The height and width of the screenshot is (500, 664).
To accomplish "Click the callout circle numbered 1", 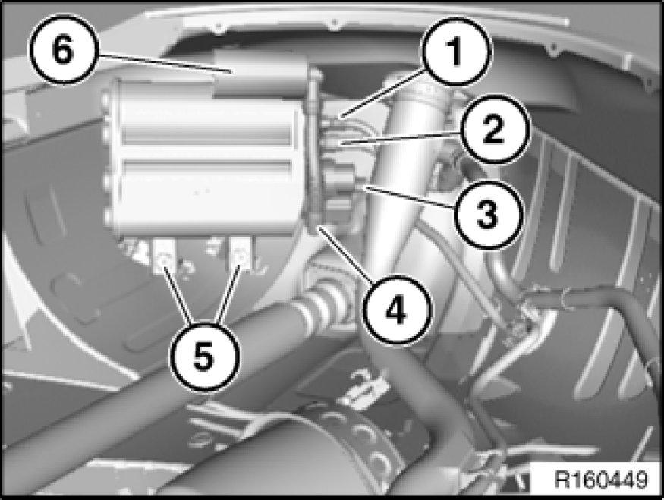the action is [456, 52].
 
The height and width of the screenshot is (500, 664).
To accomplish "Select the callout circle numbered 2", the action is [494, 130].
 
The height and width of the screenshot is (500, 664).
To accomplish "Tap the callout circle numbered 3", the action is [488, 213].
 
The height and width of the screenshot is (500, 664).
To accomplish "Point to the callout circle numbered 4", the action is [396, 310].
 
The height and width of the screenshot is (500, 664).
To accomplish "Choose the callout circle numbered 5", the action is [204, 357].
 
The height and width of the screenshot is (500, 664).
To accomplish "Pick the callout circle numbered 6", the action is [64, 49].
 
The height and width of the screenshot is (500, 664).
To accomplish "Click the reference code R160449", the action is [601, 480].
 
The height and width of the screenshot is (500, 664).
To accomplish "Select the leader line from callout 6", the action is [165, 64].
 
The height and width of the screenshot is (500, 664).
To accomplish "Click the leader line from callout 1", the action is [383, 93].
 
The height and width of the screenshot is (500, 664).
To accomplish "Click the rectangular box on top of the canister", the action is [260, 73].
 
